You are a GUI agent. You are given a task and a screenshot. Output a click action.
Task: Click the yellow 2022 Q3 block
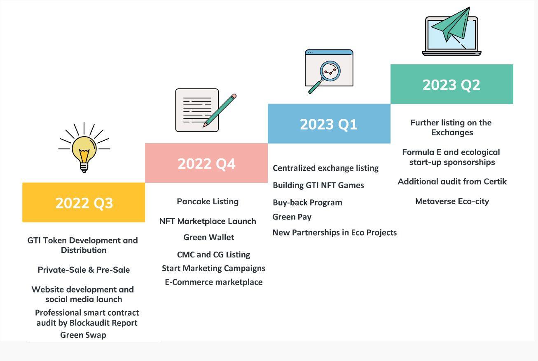pyautogui.click(x=84, y=202)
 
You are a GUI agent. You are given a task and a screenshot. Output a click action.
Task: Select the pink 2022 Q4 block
pyautogui.click(x=206, y=163)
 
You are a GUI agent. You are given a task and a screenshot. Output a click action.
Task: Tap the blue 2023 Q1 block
pyautogui.click(x=329, y=124)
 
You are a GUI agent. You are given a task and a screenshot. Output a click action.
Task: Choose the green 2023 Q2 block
pyautogui.click(x=452, y=84)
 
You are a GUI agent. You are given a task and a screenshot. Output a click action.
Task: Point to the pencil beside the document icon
pyautogui.click(x=220, y=110)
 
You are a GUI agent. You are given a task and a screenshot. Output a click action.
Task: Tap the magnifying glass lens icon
pyautogui.click(x=330, y=71)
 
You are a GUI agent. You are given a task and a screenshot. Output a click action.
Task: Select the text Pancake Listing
pyautogui.click(x=208, y=202)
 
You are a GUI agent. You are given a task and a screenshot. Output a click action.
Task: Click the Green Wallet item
pyautogui.click(x=209, y=237)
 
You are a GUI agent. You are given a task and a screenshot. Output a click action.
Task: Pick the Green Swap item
pyautogui.click(x=83, y=335)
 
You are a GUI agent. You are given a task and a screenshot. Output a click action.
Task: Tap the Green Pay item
pyautogui.click(x=292, y=217)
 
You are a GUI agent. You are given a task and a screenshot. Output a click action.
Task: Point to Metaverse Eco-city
pyautogui.click(x=452, y=201)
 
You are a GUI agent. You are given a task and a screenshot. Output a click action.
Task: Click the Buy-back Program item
pyautogui.click(x=307, y=203)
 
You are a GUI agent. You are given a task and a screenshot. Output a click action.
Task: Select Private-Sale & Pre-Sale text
pyautogui.click(x=84, y=270)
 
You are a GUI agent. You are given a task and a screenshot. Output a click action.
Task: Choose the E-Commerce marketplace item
pyautogui.click(x=213, y=282)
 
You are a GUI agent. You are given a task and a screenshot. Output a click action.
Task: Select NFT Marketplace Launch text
pyautogui.click(x=208, y=221)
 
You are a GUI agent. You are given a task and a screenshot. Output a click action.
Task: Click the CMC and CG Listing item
pyautogui.click(x=213, y=255)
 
